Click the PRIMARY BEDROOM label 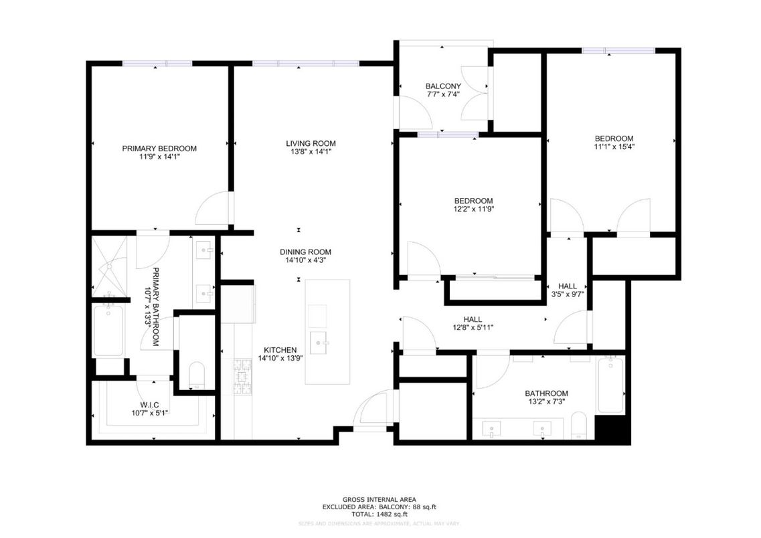(x=159, y=149)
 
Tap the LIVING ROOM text (x=311, y=143)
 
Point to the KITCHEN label (x=280, y=350)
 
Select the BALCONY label (x=443, y=86)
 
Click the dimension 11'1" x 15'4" (x=614, y=147)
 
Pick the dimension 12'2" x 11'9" (x=473, y=209)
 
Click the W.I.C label (x=149, y=405)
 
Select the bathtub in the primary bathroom (x=108, y=331)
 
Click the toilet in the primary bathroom (x=197, y=375)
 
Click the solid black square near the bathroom (x=612, y=428)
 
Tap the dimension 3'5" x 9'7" (x=568, y=294)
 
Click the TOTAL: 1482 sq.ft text (x=379, y=514)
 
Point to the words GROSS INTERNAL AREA (x=379, y=499)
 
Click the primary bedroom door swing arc (x=212, y=209)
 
